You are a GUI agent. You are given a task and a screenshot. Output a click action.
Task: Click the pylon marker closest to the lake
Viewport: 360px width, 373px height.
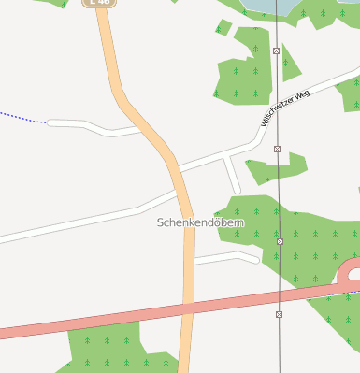(x=277, y=50)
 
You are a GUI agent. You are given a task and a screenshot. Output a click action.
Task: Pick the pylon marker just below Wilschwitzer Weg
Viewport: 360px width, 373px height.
(x=278, y=149)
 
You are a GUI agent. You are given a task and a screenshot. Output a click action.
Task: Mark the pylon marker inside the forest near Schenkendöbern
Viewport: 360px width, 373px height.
(x=280, y=241)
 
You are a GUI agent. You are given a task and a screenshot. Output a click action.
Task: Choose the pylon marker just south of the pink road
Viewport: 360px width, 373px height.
(x=279, y=314)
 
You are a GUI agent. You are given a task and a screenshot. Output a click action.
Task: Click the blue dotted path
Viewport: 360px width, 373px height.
(x=23, y=117)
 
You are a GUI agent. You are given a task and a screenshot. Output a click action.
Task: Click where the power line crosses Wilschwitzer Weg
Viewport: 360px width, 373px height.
(x=278, y=118)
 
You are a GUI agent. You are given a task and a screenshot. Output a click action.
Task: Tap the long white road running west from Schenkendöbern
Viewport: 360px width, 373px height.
(x=75, y=223)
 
